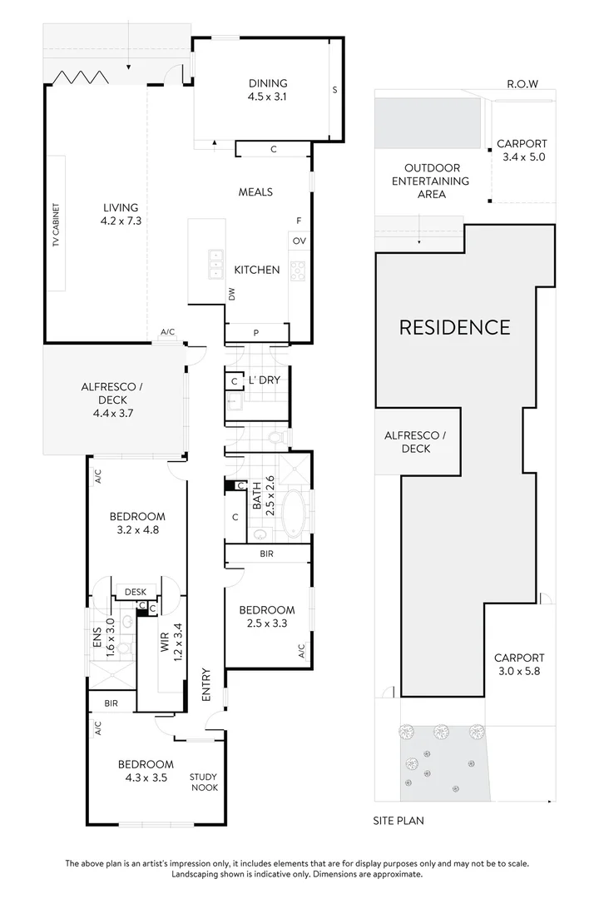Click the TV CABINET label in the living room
(56, 222)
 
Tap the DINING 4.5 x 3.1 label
(268, 89)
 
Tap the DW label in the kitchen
(232, 293)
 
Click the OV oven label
(299, 241)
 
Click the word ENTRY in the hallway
(205, 683)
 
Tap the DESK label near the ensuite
(135, 592)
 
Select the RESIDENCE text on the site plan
(454, 327)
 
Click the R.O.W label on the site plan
(522, 84)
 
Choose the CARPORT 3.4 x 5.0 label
(521, 150)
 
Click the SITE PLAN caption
(398, 821)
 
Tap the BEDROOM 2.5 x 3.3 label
(266, 616)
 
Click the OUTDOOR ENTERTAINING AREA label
(430, 181)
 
